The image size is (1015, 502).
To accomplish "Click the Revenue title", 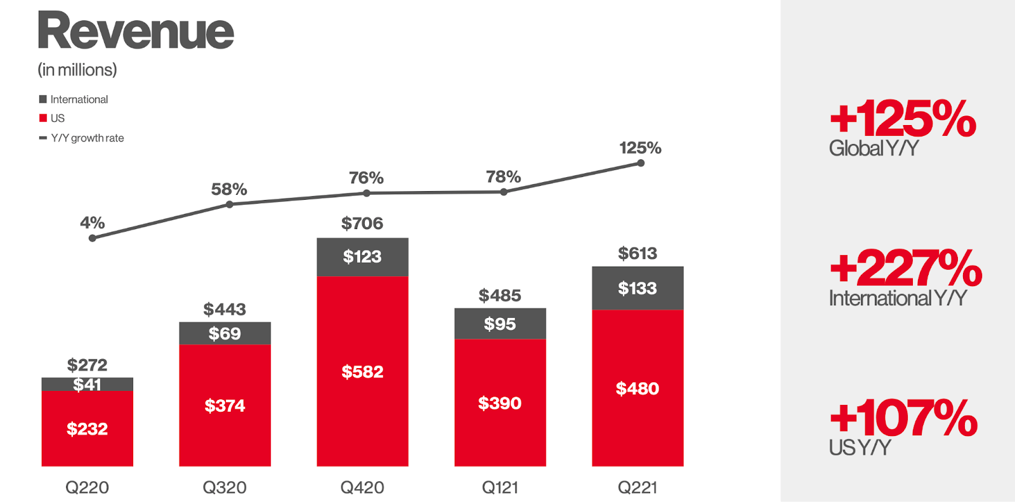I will [x=136, y=31].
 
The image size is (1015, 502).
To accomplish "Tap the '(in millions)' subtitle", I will [x=77, y=70].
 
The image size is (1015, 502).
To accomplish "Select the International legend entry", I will [x=74, y=100].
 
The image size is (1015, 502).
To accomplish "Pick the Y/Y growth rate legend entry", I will [x=82, y=138].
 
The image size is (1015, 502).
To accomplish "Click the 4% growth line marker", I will [x=93, y=238].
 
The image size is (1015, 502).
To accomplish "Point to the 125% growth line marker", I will [x=641, y=163].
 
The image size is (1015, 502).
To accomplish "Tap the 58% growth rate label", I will [x=229, y=189].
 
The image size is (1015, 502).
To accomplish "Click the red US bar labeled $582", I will [x=362, y=371].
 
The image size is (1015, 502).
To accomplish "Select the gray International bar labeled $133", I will [x=638, y=288].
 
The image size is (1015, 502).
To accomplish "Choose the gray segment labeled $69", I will [x=225, y=333].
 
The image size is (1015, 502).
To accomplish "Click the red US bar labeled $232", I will [x=88, y=428].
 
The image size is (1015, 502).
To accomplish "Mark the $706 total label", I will [x=362, y=223].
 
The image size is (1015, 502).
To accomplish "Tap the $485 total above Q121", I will [x=500, y=295].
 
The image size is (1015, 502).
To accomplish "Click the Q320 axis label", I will [x=225, y=487].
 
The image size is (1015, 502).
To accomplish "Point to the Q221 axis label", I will [x=638, y=487].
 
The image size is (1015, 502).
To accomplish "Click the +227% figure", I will [x=905, y=268].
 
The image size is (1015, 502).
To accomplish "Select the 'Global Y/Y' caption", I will [x=874, y=149].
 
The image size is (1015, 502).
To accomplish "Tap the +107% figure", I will [x=903, y=418].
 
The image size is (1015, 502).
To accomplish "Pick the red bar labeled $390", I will [x=500, y=403].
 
